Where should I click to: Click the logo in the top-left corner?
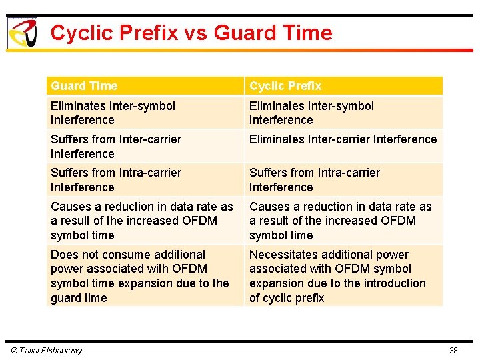point(21,33)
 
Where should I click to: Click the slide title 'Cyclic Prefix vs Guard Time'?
point(191,33)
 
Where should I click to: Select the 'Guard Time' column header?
point(84,86)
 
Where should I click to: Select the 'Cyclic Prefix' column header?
point(285,86)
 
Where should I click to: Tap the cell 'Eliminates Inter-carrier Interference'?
point(343,139)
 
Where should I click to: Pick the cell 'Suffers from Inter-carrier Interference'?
point(116,147)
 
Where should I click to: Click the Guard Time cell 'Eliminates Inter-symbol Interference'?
point(113,113)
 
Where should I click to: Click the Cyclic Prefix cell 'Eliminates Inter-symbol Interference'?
point(311,113)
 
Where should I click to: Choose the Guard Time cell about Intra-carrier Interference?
point(116,180)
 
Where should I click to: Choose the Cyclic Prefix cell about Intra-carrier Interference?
point(315,180)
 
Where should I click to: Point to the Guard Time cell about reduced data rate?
point(142,221)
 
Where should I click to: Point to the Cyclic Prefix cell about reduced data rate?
point(341,221)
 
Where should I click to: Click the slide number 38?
point(453,351)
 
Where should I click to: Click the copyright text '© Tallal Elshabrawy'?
point(46,351)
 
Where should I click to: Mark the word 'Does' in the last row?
point(65,255)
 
